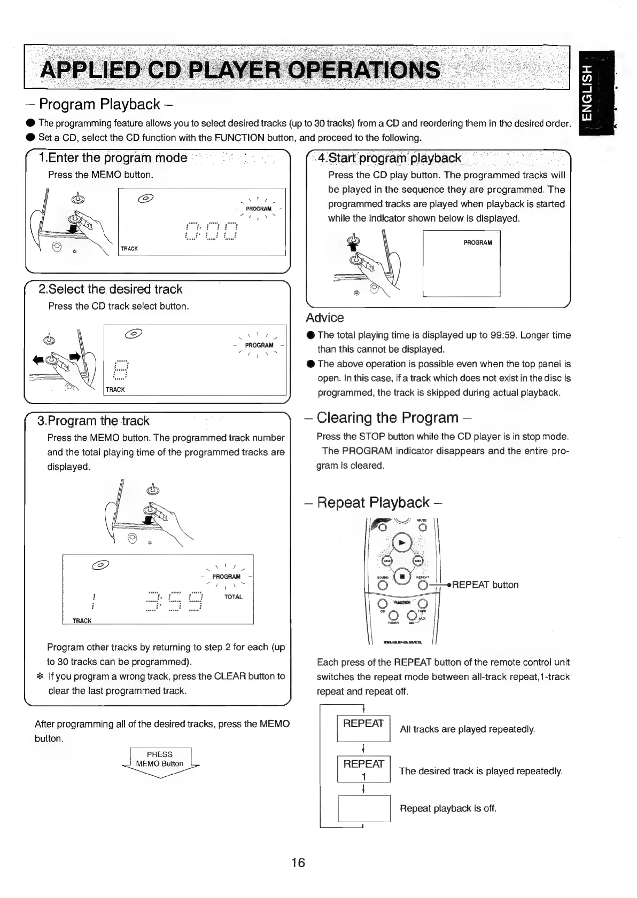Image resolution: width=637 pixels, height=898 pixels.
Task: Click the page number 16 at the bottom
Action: coord(298,862)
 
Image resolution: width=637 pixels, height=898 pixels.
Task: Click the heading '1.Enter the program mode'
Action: coord(113,158)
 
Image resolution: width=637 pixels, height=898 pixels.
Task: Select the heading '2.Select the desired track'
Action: coord(111,289)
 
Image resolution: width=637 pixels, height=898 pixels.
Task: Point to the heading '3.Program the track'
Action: coord(94,421)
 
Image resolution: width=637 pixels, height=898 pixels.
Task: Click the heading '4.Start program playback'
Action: coord(390,159)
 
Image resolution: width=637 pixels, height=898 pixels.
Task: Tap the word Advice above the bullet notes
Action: coord(325,318)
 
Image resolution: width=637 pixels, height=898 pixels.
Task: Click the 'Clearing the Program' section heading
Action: coord(387,418)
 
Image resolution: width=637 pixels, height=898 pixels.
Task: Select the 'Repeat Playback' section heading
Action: coord(374,503)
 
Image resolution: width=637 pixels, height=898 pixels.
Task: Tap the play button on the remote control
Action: coord(402,542)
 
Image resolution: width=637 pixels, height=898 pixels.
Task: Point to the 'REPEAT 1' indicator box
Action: coord(363,769)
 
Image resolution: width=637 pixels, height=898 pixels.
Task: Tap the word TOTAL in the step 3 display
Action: coord(234,597)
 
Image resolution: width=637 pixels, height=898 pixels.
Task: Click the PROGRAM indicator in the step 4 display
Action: coord(478,243)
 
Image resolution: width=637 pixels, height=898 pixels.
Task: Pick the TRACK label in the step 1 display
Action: coord(129,249)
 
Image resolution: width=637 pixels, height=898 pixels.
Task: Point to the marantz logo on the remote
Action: coord(402,642)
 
